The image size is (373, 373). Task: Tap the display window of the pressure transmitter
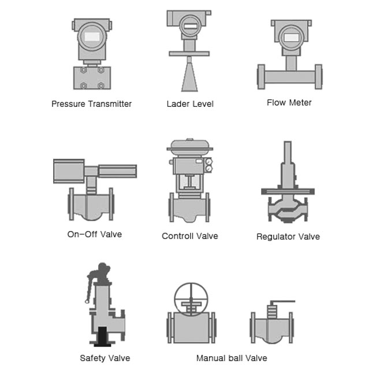click(92, 36)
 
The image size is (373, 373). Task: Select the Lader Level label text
click(190, 104)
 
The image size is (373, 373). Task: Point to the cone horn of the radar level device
click(189, 77)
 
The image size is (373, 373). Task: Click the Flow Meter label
click(289, 103)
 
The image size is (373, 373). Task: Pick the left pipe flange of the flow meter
click(261, 77)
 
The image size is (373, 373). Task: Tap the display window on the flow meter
click(292, 38)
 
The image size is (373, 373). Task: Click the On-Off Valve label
click(95, 234)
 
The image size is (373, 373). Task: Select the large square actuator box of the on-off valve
click(69, 171)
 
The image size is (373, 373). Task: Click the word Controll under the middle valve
click(177, 236)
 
